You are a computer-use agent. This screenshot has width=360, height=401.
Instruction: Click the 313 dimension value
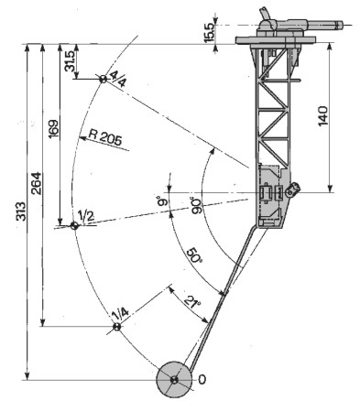[21, 211]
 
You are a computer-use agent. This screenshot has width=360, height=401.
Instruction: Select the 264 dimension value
[36, 183]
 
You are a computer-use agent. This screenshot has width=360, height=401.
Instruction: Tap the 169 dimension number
[54, 128]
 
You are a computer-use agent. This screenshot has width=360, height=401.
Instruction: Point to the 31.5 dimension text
[70, 61]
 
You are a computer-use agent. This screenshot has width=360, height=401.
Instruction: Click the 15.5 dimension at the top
[210, 32]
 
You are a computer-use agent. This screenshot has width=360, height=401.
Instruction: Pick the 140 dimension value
[322, 116]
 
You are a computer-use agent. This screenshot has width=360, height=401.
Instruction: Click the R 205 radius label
[105, 138]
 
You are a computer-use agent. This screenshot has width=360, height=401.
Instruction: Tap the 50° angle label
[193, 255]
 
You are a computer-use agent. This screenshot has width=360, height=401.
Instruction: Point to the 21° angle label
[192, 302]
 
